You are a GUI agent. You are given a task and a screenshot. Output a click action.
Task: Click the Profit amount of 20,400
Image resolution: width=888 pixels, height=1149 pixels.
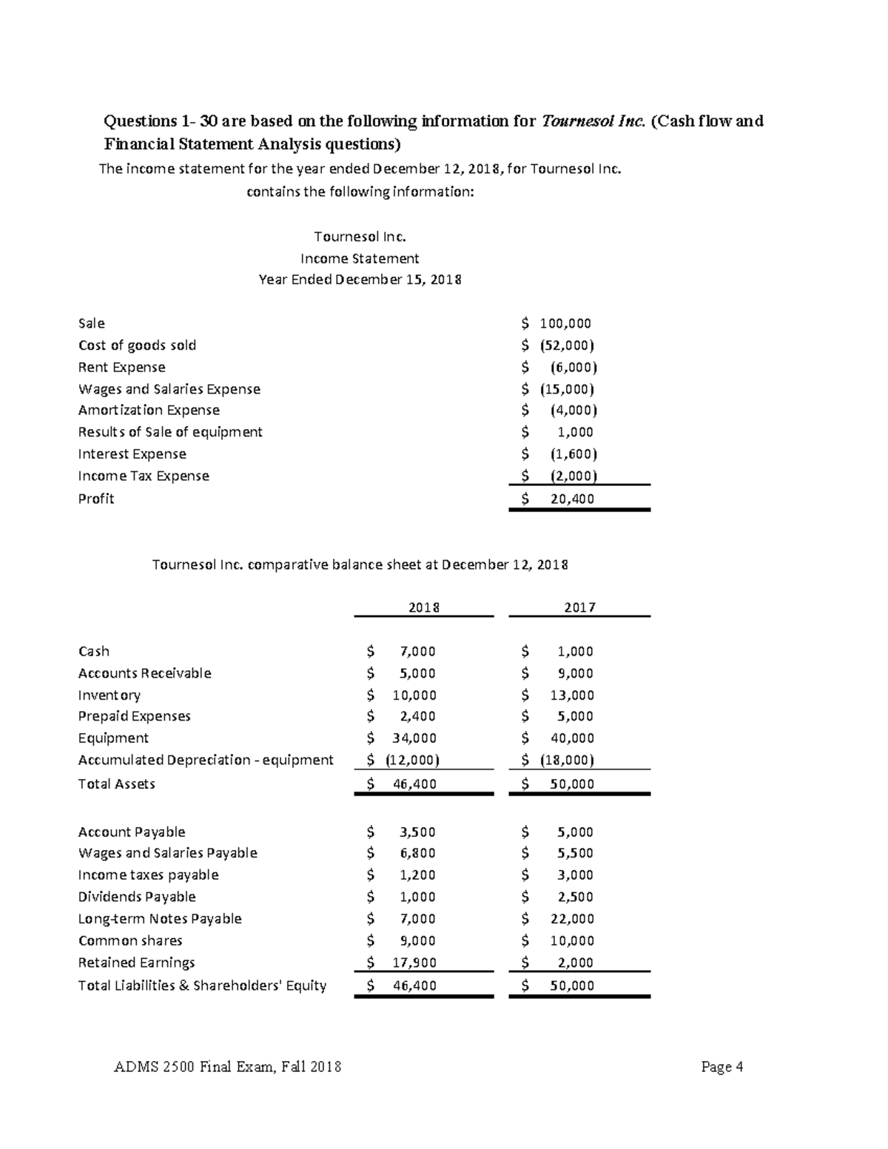click(571, 499)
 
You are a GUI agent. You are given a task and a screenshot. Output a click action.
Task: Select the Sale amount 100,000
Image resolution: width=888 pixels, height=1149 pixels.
click(565, 323)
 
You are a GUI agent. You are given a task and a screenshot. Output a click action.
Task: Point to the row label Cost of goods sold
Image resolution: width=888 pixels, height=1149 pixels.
click(137, 346)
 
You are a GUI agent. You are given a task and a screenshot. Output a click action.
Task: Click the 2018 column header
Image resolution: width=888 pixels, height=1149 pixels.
click(424, 607)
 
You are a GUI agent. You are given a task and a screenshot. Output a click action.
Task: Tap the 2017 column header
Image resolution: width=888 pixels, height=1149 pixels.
click(579, 607)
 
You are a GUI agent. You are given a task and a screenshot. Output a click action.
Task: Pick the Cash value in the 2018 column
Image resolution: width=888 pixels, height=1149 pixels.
click(417, 651)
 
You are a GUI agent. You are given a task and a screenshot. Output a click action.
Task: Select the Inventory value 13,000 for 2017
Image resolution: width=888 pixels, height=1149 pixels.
click(572, 695)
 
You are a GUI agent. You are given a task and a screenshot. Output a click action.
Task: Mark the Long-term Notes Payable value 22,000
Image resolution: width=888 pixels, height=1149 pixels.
click(572, 919)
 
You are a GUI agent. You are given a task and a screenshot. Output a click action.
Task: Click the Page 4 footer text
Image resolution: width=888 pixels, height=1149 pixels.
click(721, 1067)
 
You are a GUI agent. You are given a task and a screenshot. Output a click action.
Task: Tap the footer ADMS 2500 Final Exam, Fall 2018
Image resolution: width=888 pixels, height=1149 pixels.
click(228, 1067)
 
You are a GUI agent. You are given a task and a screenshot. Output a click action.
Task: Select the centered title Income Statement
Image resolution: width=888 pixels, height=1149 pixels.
click(360, 258)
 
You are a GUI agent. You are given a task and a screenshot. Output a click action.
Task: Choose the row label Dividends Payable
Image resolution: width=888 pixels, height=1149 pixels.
click(137, 897)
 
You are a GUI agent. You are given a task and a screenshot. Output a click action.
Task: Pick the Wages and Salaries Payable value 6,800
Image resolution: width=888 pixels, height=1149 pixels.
click(417, 853)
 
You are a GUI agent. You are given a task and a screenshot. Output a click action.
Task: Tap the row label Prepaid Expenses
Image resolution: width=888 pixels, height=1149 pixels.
click(134, 716)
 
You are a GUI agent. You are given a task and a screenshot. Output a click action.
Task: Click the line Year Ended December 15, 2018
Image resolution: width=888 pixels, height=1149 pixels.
click(360, 280)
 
